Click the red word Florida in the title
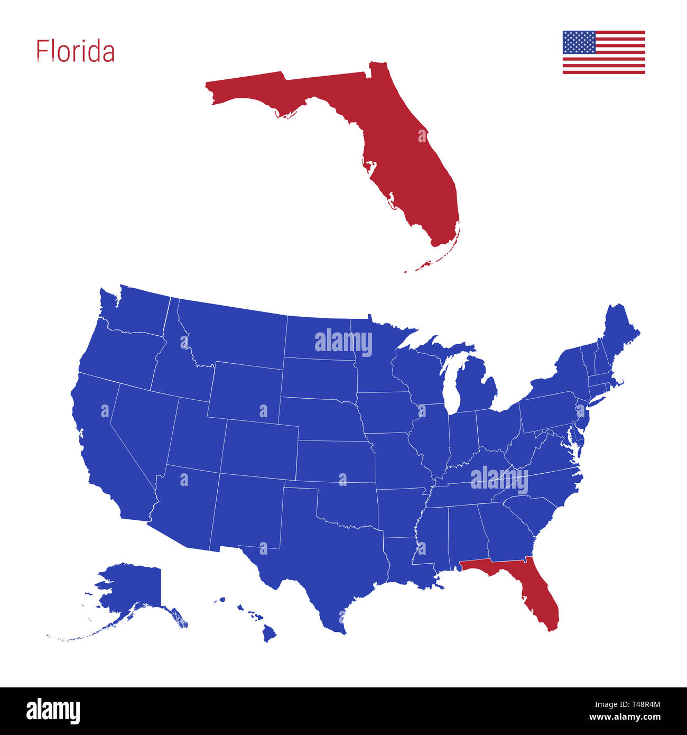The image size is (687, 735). (75, 51)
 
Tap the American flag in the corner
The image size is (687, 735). (604, 52)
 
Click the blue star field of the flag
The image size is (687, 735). (579, 42)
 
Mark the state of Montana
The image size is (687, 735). (233, 333)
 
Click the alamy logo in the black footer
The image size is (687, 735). (53, 711)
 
